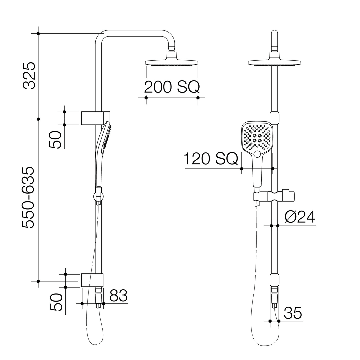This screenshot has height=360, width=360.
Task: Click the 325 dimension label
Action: [x=29, y=75]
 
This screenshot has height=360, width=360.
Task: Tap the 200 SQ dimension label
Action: [x=172, y=87]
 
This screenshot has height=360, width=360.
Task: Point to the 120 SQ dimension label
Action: [x=210, y=159]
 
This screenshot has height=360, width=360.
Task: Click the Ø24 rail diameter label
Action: [x=300, y=217]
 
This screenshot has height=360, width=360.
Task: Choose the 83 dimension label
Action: [x=118, y=296]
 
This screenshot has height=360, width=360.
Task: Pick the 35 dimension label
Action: [x=293, y=313]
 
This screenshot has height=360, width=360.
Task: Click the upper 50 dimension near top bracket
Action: [x=55, y=140]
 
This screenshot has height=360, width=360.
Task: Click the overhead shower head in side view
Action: [x=172, y=62]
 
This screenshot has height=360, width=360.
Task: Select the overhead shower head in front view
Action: [x=274, y=62]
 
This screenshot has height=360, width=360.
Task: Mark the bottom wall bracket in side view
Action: [x=92, y=280]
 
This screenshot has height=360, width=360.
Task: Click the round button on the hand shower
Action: [x=257, y=154]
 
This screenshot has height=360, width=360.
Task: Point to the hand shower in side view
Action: [x=102, y=153]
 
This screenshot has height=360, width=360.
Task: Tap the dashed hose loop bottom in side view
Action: [x=95, y=343]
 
